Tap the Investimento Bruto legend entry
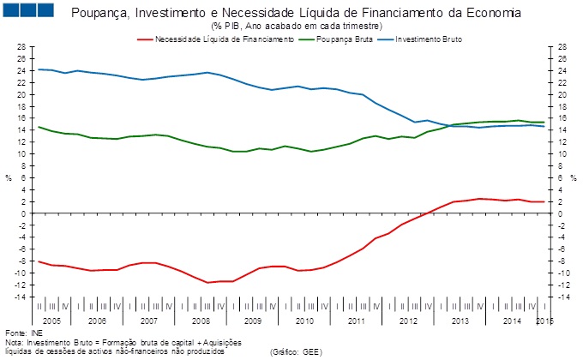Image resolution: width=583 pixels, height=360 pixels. pos(433,39)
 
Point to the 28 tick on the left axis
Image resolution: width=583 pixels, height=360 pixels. pos(21,47)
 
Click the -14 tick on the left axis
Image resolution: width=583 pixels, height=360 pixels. pos(20,297)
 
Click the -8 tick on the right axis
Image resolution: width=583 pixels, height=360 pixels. pos(563,261)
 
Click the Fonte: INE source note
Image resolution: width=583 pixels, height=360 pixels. pos(23,332)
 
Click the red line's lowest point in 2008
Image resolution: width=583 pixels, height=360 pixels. pos(207,282)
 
